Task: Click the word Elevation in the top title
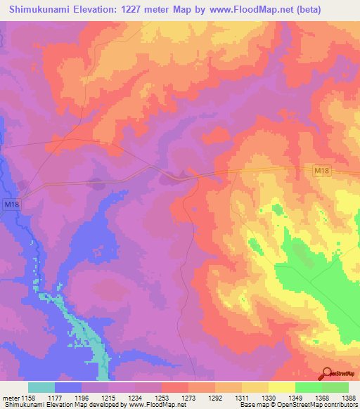click(95, 10)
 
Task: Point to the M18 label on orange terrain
click(321, 171)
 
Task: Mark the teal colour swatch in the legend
click(41, 387)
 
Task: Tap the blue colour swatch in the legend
click(68, 387)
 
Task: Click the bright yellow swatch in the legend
click(282, 387)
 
